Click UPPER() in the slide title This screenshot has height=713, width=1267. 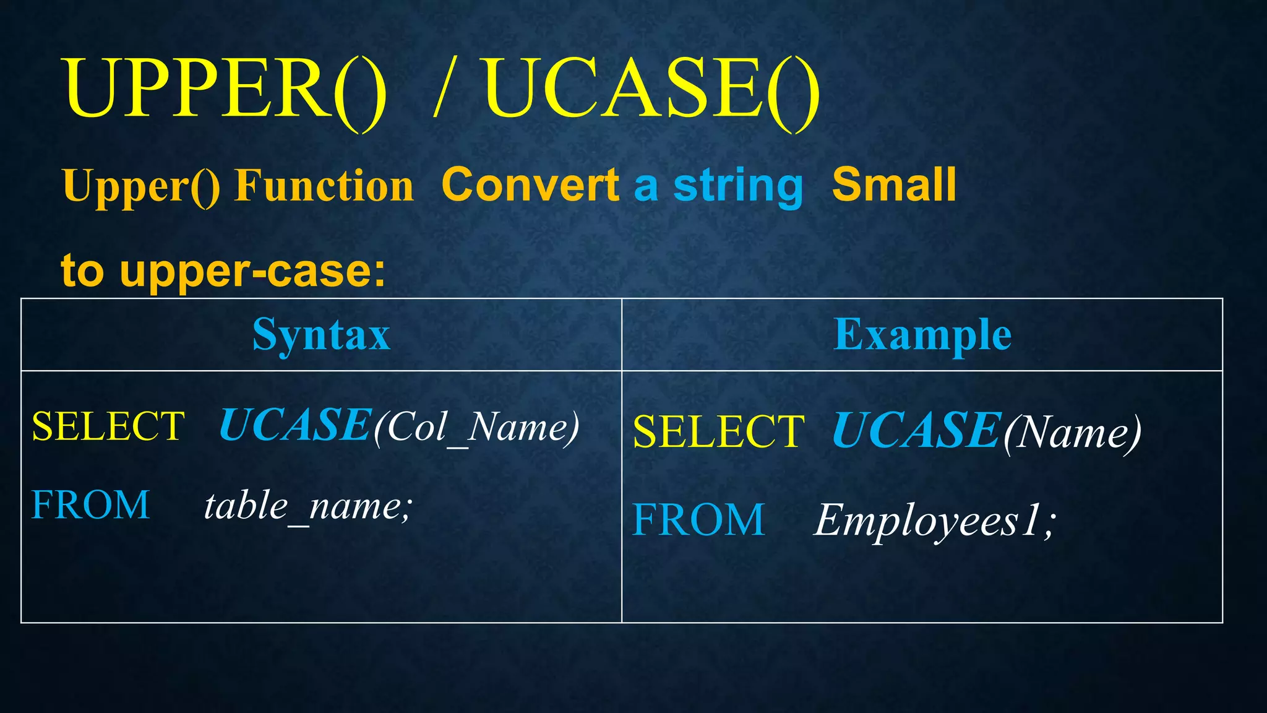[226, 90]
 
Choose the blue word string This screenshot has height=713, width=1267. [737, 186]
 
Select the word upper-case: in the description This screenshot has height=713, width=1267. [252, 271]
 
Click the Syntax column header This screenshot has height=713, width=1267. [321, 335]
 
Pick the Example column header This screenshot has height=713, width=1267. [922, 335]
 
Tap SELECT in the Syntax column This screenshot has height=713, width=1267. [108, 426]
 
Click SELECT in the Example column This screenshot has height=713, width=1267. [718, 431]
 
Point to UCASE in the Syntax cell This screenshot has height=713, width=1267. [295, 425]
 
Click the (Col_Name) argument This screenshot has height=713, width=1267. [476, 428]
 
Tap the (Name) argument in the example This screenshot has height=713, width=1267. [1072, 433]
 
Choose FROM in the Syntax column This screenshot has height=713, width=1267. [90, 504]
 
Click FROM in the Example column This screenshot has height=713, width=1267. [698, 519]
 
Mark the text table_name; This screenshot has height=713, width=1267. [307, 506]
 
